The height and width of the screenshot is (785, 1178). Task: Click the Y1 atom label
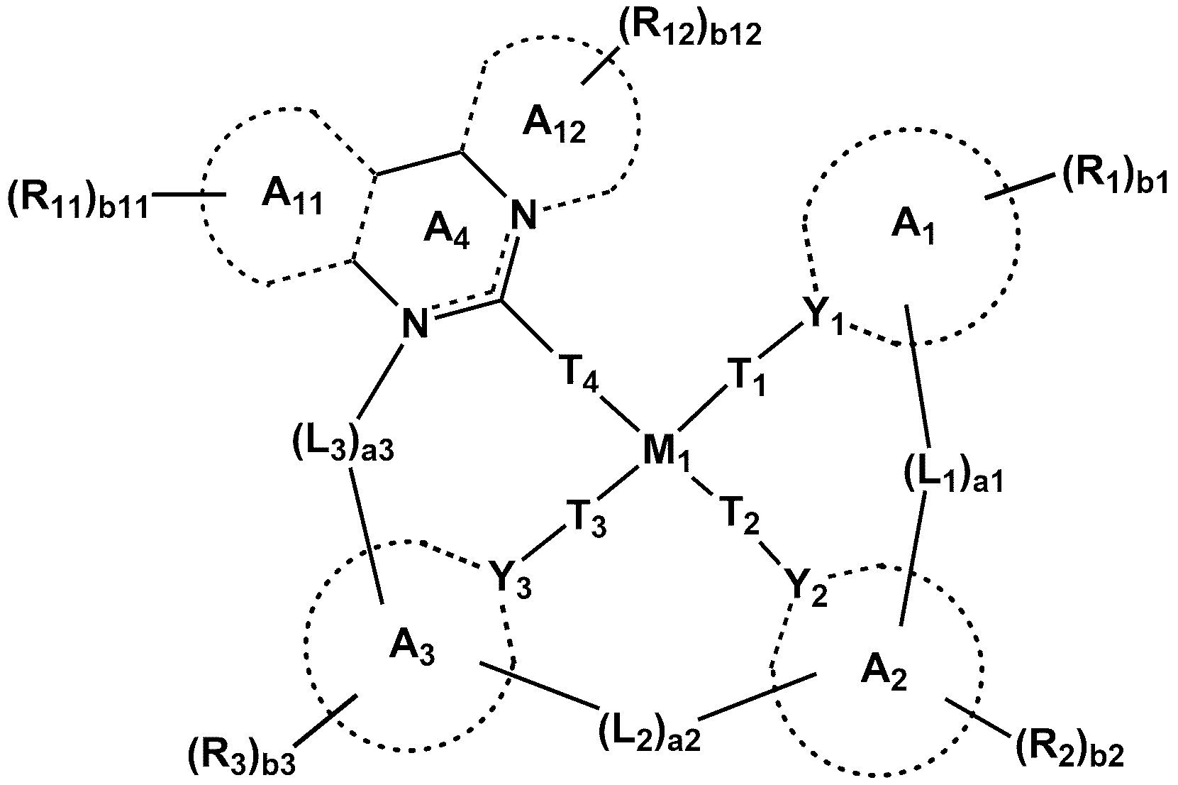tap(822, 317)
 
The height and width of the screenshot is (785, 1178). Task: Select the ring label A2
tap(884, 674)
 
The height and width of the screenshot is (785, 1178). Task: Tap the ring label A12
tap(554, 126)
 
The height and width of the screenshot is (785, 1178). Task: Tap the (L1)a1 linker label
tap(952, 473)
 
